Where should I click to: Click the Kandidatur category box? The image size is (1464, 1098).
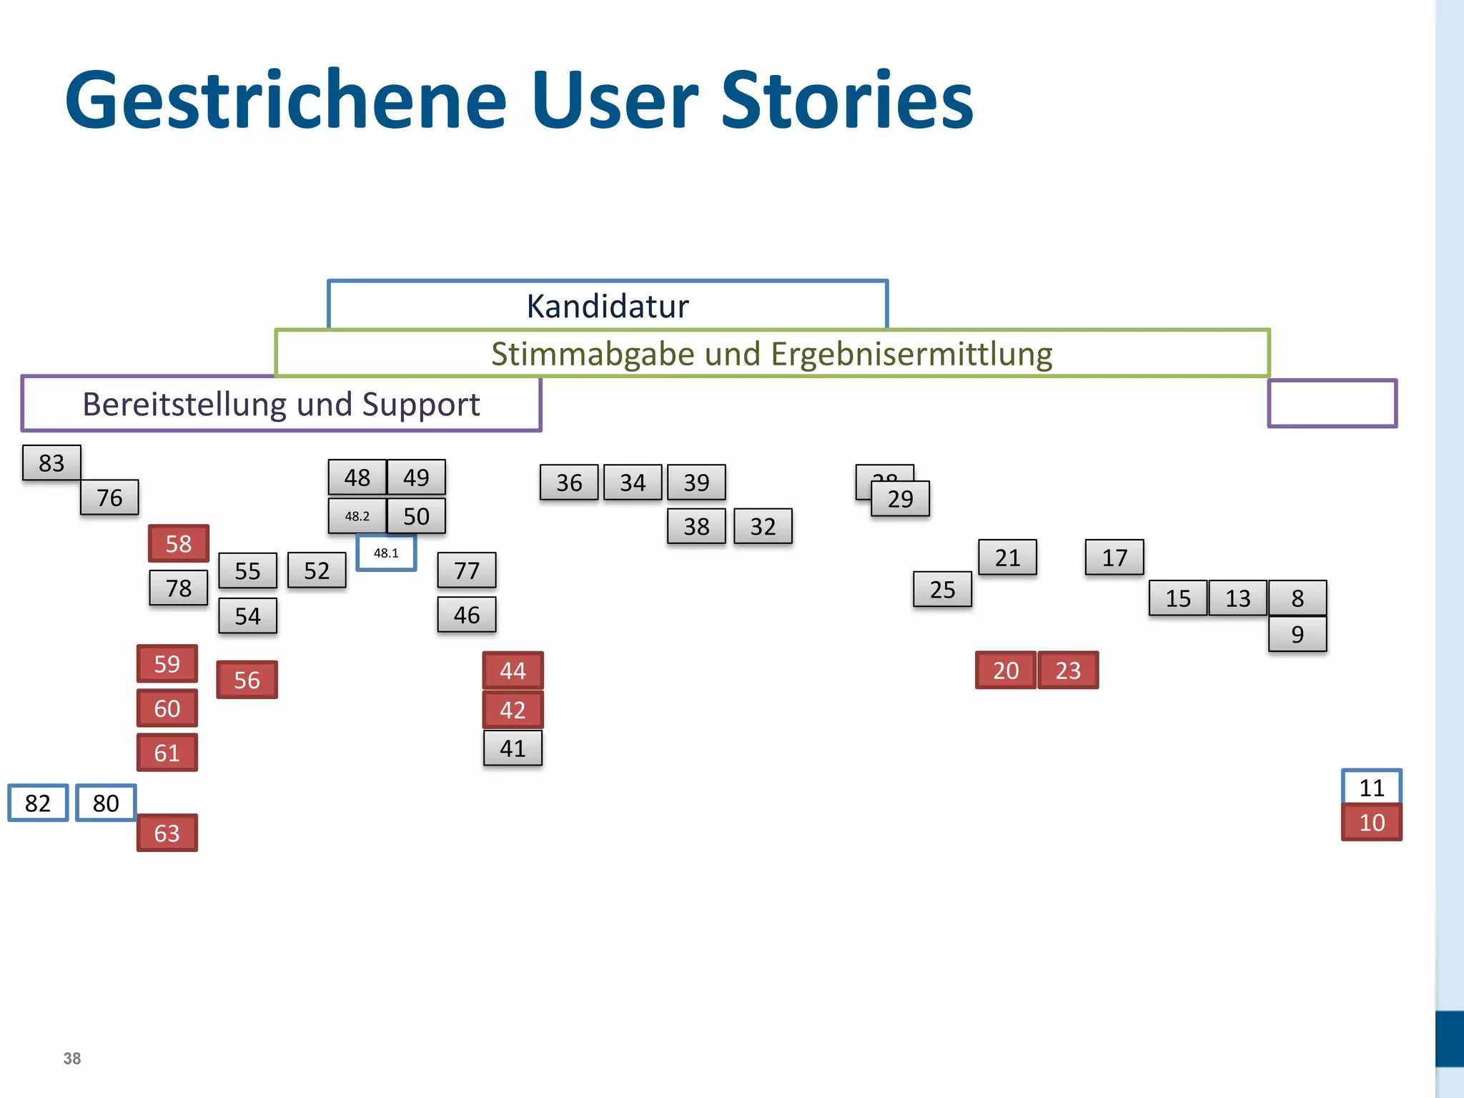pyautogui.click(x=608, y=305)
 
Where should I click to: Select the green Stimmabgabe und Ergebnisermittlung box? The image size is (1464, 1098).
pyautogui.click(x=772, y=354)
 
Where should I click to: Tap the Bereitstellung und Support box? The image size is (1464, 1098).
pyautogui.click(x=281, y=405)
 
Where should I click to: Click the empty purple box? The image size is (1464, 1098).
pyautogui.click(x=1332, y=404)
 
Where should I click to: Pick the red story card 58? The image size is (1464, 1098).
pyautogui.click(x=179, y=544)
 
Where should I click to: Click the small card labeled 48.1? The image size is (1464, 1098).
pyautogui.click(x=386, y=553)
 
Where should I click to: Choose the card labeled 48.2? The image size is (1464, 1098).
pyautogui.click(x=357, y=516)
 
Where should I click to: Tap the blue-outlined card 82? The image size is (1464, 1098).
pyautogui.click(x=38, y=803)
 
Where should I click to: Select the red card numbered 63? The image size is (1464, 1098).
pyautogui.click(x=167, y=833)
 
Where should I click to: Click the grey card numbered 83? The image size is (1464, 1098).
pyautogui.click(x=51, y=463)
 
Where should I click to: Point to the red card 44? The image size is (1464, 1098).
pyautogui.click(x=513, y=671)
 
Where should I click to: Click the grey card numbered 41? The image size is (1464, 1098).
pyautogui.click(x=513, y=748)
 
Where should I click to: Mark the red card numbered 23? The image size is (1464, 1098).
pyautogui.click(x=1068, y=671)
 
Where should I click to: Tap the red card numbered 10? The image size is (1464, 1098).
pyautogui.click(x=1372, y=823)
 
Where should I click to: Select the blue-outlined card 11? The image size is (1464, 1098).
pyautogui.click(x=1372, y=787)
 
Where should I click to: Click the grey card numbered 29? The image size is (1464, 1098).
pyautogui.click(x=901, y=499)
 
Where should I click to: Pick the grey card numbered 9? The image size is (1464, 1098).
pyautogui.click(x=1297, y=634)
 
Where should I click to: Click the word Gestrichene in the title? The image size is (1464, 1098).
pyautogui.click(x=286, y=100)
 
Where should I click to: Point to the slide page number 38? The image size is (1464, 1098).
pyautogui.click(x=72, y=1059)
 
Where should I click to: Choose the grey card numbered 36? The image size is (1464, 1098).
pyautogui.click(x=569, y=483)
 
